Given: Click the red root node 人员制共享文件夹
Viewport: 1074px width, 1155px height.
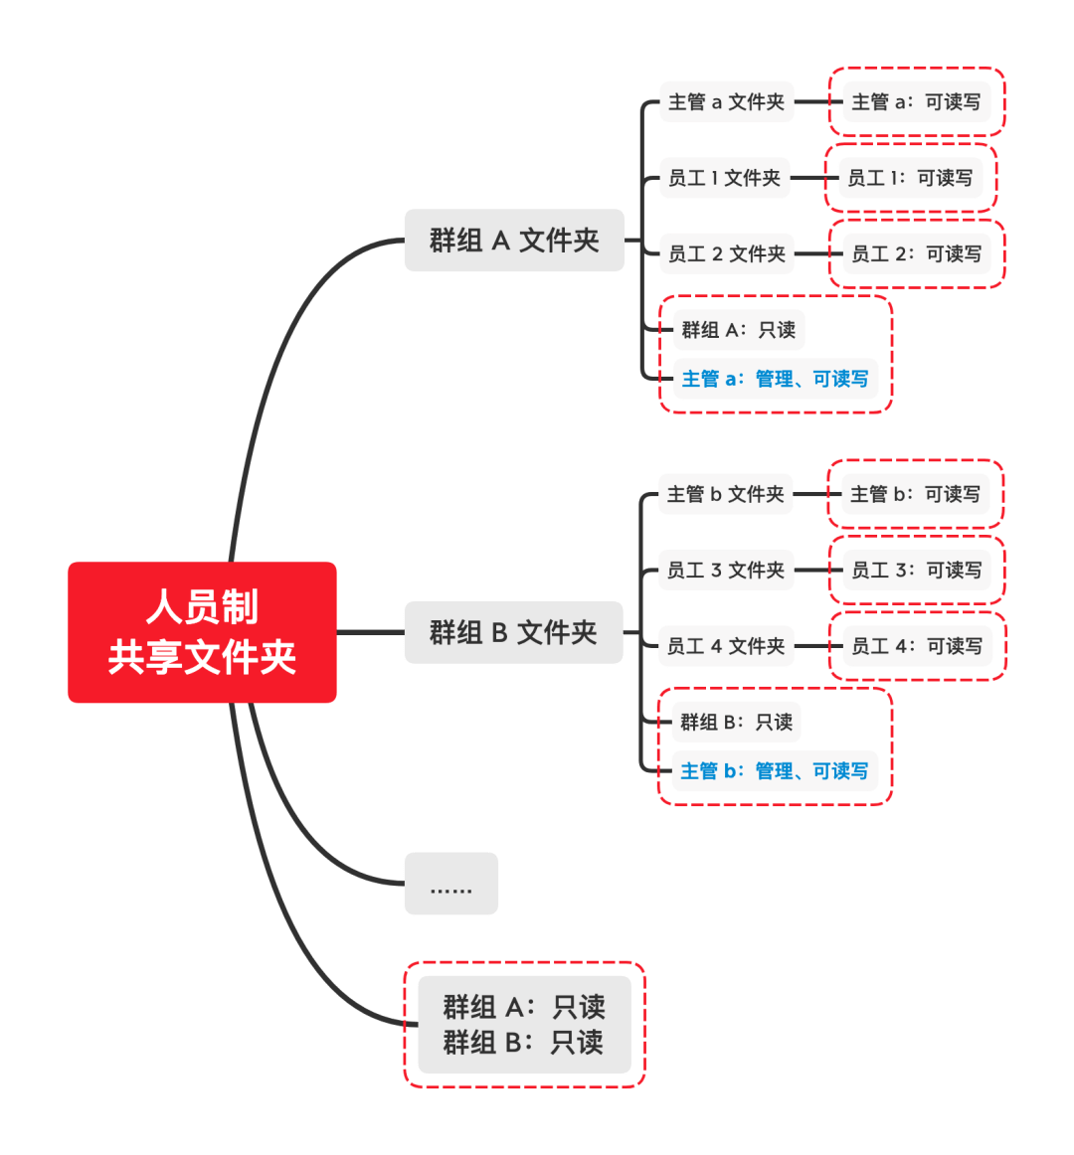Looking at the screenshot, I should (202, 632).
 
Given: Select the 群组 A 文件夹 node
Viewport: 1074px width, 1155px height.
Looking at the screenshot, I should (514, 241).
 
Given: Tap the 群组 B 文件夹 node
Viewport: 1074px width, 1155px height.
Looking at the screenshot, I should (513, 632).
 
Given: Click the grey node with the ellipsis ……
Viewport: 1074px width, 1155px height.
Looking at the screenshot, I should (450, 884).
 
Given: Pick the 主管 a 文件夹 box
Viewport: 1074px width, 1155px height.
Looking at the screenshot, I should (726, 101).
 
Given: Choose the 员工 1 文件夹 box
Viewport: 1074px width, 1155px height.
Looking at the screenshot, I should (724, 178).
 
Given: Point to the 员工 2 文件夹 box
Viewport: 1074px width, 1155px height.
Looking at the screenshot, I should (726, 253).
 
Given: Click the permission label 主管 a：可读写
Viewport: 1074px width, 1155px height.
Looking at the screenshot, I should (916, 101).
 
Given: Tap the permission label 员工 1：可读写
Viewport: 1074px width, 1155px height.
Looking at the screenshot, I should (910, 178).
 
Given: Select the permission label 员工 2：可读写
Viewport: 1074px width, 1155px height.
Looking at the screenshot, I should (916, 253).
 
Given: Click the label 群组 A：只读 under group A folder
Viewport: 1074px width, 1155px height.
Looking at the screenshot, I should (738, 330).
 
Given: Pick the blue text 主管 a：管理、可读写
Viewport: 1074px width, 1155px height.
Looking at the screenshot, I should (775, 379).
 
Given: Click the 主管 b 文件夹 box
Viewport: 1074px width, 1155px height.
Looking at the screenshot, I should (725, 494).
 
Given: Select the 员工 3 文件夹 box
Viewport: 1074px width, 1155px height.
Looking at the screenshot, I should (726, 570).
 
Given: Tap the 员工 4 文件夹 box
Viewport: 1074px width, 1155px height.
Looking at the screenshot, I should (726, 646).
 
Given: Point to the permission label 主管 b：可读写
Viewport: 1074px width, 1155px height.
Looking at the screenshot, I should (915, 494).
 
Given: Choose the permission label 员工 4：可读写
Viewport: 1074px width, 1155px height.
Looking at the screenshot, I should (916, 646).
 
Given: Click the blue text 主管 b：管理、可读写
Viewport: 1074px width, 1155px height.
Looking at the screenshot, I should (774, 771).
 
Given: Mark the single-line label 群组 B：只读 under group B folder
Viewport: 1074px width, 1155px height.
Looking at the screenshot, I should (736, 722).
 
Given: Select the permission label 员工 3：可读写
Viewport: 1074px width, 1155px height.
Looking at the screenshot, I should (916, 570).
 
